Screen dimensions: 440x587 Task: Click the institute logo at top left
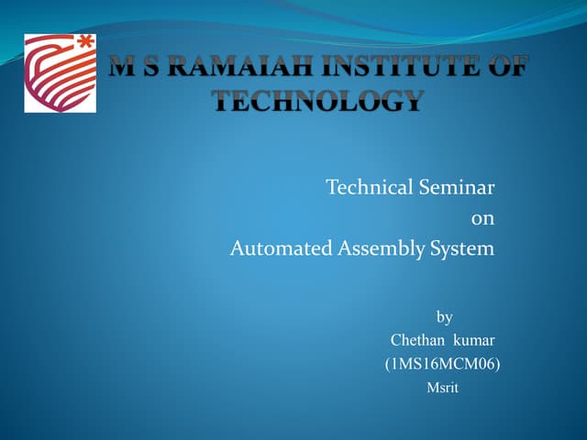coord(60,73)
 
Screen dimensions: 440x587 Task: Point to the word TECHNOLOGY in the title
coord(318,101)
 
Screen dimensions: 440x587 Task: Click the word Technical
coord(368,188)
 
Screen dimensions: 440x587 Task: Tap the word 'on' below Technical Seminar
coord(482,218)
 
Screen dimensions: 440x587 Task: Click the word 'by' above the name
coord(444,317)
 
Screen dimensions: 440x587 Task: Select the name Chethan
coord(417,341)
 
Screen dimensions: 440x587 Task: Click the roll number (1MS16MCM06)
coord(442,364)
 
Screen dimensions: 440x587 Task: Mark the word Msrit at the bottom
coord(442,388)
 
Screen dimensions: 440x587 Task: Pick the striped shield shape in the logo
coord(55,78)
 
